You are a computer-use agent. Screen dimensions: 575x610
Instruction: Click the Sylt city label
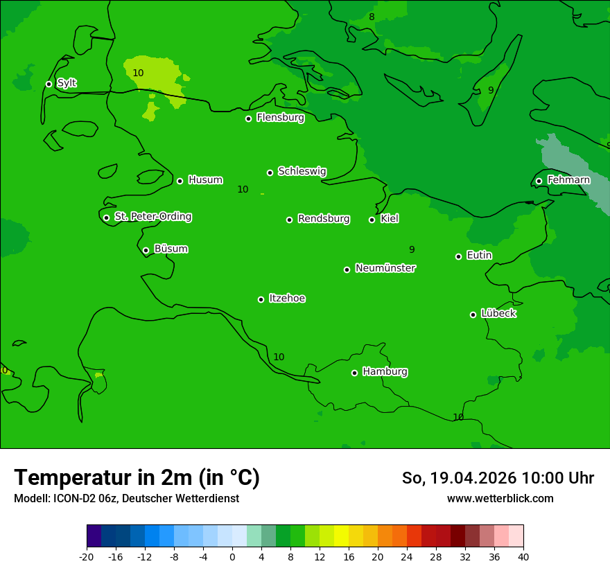click(x=67, y=83)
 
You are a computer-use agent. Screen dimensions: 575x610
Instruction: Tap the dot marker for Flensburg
click(x=248, y=118)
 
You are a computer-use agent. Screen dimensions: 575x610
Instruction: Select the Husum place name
click(x=205, y=180)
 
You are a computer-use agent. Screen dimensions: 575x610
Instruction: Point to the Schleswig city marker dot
click(x=270, y=172)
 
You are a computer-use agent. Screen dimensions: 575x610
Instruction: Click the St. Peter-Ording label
click(x=152, y=217)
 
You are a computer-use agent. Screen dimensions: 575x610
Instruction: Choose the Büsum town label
click(x=171, y=249)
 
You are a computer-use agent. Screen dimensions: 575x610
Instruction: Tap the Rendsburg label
click(x=324, y=219)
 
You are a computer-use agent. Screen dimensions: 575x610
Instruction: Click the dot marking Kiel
click(x=372, y=220)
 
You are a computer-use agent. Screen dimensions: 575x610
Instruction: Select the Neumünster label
click(x=385, y=268)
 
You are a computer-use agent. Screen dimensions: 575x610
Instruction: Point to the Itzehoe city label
click(x=287, y=299)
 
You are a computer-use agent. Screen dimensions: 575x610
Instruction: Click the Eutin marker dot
click(x=458, y=256)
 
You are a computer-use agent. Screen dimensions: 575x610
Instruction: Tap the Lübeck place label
click(x=498, y=313)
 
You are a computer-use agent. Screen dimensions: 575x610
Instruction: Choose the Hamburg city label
click(x=385, y=371)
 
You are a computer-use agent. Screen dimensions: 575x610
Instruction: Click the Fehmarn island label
click(x=568, y=180)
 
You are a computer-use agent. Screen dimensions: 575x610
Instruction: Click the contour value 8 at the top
click(x=372, y=17)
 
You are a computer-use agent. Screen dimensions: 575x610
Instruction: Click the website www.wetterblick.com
click(x=500, y=498)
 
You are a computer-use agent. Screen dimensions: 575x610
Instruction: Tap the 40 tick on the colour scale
click(x=523, y=557)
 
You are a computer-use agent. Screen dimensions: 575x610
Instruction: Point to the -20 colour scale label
click(x=87, y=557)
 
